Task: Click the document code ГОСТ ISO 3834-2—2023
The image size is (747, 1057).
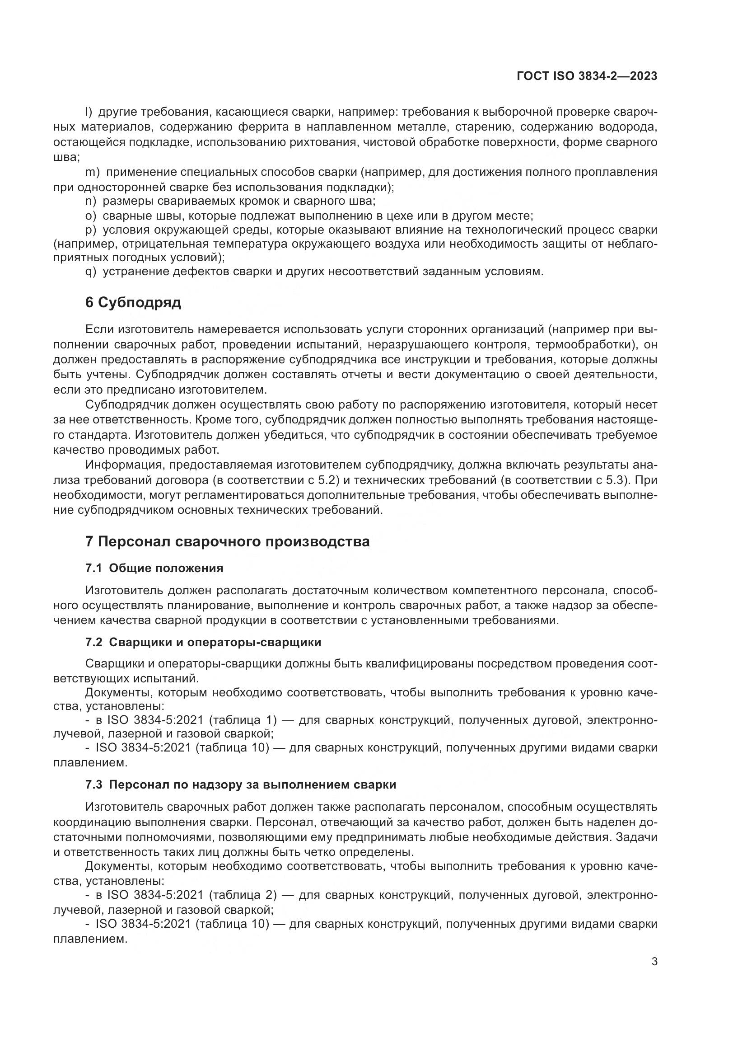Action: click(x=587, y=76)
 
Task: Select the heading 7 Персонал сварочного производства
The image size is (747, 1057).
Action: click(x=227, y=542)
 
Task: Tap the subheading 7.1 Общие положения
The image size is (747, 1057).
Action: click(x=154, y=568)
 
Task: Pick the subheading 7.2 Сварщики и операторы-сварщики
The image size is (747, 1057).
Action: click(x=203, y=642)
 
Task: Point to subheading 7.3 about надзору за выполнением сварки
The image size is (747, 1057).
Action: click(x=241, y=785)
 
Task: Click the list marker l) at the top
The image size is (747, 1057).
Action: click(x=89, y=112)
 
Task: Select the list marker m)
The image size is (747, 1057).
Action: click(x=93, y=172)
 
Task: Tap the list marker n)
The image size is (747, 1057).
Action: click(x=90, y=201)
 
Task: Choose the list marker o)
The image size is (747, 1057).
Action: click(x=90, y=216)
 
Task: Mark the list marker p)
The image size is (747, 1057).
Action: click(x=90, y=230)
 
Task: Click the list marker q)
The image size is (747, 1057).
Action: click(x=90, y=272)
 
